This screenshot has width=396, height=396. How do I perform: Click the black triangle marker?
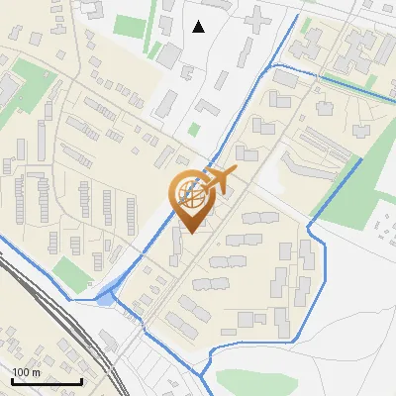199,27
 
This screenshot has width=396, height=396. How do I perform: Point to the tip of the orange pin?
189,234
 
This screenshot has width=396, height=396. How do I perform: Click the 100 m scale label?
26,372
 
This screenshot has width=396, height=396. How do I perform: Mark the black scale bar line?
47,381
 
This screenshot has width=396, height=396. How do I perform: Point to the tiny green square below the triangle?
194,129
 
